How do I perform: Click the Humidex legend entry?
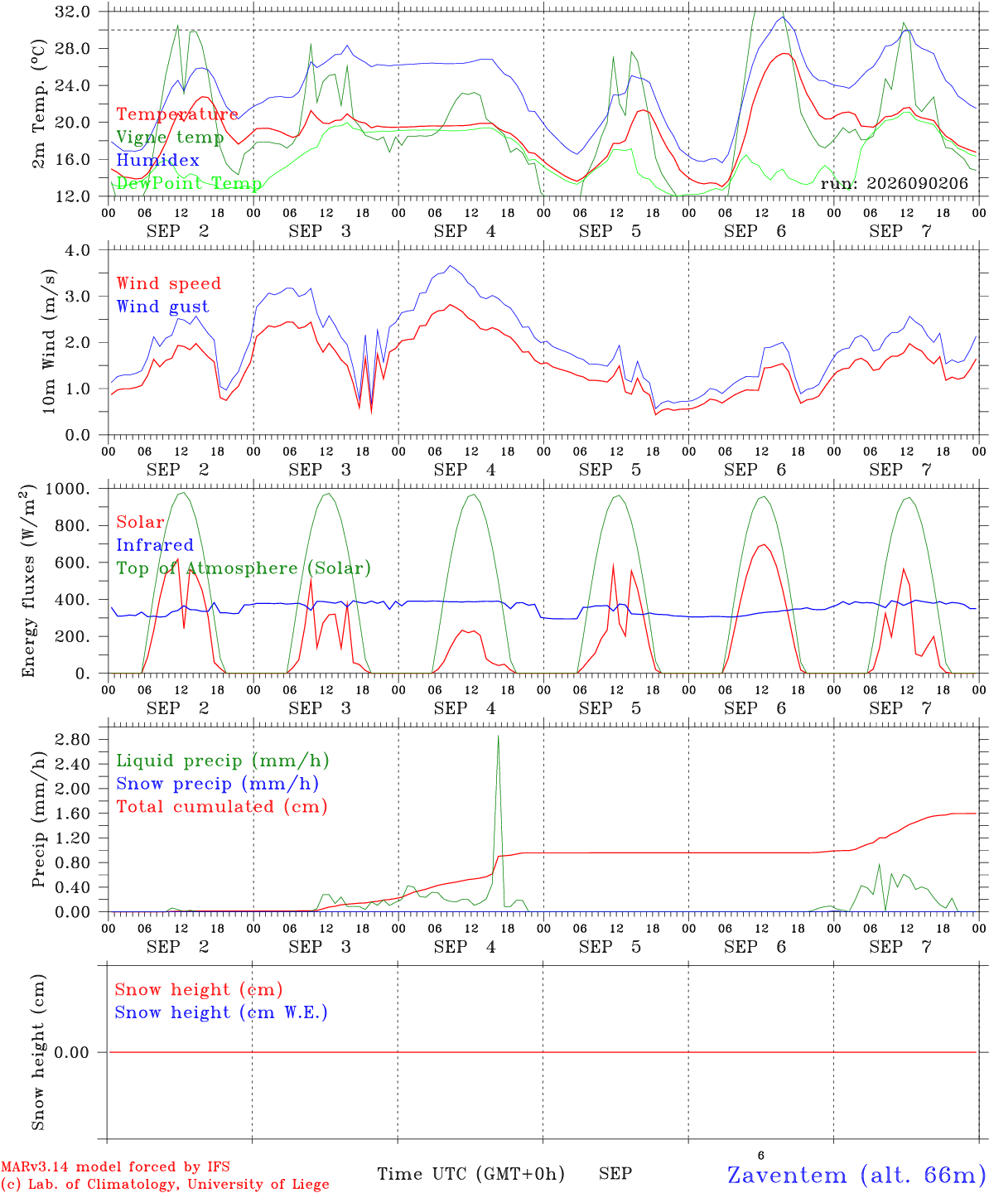[x=157, y=160]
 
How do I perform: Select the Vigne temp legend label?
[x=170, y=138]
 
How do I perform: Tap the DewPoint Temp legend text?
[x=189, y=183]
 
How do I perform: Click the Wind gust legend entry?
[x=163, y=307]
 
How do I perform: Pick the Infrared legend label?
[x=155, y=545]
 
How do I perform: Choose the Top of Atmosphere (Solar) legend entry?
[x=244, y=568]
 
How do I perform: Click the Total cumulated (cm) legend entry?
[x=222, y=806]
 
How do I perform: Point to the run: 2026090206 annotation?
[x=894, y=183]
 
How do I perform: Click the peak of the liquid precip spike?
[x=498, y=736]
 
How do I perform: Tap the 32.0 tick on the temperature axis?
[x=73, y=12]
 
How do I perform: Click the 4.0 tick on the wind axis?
[x=78, y=250]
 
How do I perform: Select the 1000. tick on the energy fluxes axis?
[x=68, y=489]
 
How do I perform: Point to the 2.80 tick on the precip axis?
[x=73, y=739]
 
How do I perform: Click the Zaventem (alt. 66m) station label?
[x=852, y=1175]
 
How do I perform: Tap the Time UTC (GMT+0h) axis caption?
[x=471, y=1174]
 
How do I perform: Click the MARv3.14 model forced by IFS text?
[x=115, y=1166]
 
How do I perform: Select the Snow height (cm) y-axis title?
[x=38, y=1052]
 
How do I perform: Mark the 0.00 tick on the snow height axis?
[x=71, y=1052]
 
